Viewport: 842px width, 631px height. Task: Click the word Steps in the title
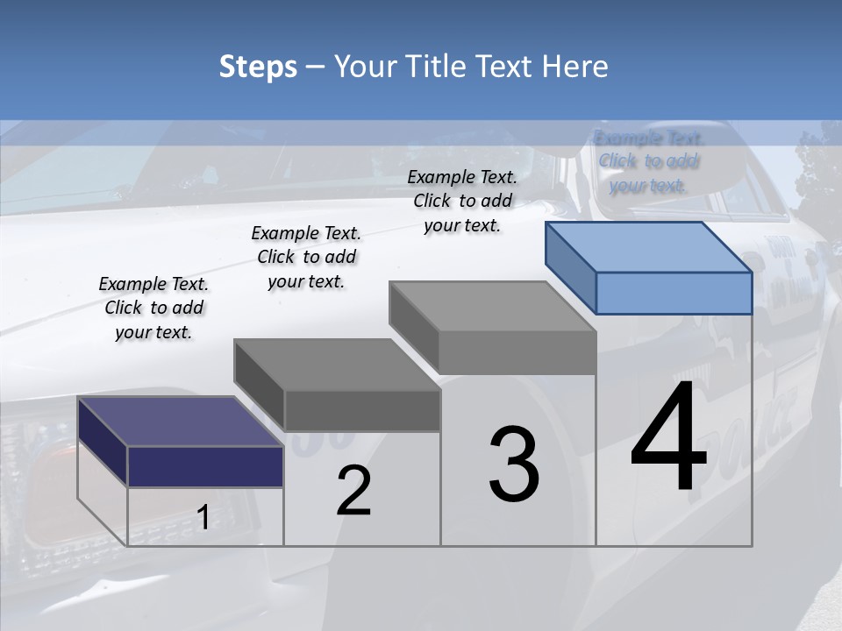click(258, 67)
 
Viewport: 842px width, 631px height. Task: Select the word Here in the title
click(578, 67)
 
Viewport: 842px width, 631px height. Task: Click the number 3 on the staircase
click(514, 464)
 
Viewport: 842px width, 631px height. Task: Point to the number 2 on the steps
click(353, 491)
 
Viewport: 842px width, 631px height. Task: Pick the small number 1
click(203, 518)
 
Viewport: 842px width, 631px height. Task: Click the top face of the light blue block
click(649, 247)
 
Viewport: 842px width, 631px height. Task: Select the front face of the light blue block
click(674, 293)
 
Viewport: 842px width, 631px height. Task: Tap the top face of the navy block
click(180, 422)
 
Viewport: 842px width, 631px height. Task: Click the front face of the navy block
click(205, 466)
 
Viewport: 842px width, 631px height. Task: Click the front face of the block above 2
click(362, 410)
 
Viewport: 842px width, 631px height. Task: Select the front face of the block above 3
click(517, 352)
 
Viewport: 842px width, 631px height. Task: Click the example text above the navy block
click(153, 308)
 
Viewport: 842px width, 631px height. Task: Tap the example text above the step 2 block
click(306, 257)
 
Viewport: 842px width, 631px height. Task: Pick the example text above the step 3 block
click(462, 201)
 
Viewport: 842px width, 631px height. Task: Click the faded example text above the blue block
click(648, 161)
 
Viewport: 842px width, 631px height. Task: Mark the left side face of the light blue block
click(570, 267)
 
